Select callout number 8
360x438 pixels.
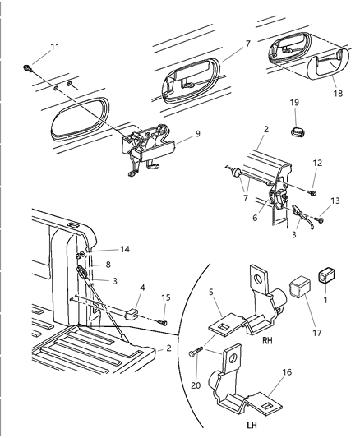coord(107,265)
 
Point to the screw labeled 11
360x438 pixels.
coord(28,67)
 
